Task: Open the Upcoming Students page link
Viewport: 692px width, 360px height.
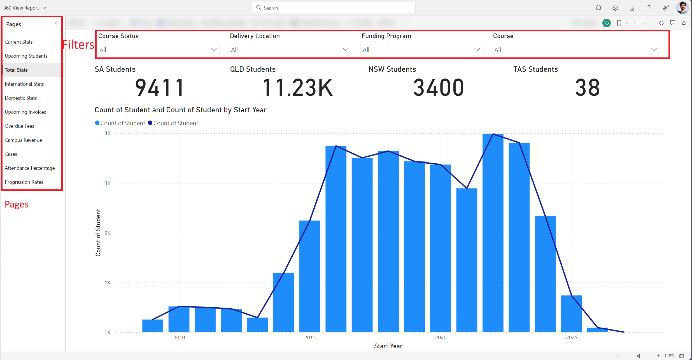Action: click(x=26, y=56)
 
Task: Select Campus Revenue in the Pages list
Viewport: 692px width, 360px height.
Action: click(x=23, y=140)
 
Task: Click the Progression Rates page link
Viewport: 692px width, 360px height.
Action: click(x=24, y=182)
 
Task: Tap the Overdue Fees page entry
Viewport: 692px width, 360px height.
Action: click(x=19, y=126)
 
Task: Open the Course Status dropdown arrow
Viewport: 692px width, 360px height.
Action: click(x=214, y=50)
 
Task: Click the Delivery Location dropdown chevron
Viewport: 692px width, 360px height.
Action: click(x=345, y=50)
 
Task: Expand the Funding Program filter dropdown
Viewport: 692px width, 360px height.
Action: click(x=477, y=50)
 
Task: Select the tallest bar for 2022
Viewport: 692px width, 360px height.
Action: click(x=493, y=233)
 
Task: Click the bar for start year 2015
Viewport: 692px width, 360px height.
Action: click(x=310, y=276)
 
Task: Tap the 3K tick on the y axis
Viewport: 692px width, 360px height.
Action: click(x=108, y=183)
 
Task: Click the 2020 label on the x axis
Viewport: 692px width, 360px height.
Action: click(x=441, y=338)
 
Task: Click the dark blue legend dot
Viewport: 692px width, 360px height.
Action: click(x=150, y=123)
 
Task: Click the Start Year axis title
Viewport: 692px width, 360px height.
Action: click(x=388, y=346)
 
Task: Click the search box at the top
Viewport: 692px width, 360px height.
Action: click(x=333, y=8)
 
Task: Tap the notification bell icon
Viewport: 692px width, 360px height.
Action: click(x=598, y=8)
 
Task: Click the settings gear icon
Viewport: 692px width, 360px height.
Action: click(x=615, y=8)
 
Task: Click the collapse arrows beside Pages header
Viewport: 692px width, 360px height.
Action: click(x=57, y=23)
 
